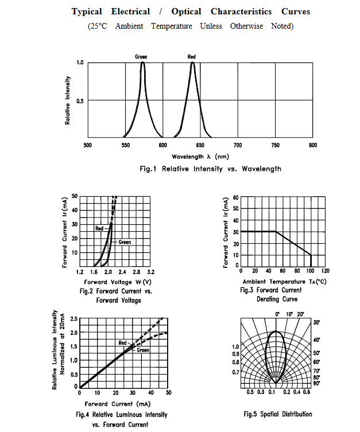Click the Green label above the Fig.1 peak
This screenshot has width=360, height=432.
(x=141, y=57)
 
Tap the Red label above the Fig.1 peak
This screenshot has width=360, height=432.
(x=192, y=57)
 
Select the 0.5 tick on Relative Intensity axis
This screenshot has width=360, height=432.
(x=80, y=100)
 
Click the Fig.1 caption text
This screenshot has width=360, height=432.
(x=210, y=169)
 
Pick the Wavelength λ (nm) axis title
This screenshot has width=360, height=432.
(x=200, y=157)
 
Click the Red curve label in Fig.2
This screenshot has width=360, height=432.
(x=99, y=228)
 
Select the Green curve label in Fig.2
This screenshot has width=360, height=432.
(x=125, y=242)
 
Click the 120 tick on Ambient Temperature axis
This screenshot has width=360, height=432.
(x=326, y=271)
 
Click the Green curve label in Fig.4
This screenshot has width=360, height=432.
(x=143, y=350)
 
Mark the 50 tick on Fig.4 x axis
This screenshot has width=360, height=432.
(x=169, y=392)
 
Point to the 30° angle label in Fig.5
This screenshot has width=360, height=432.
(x=317, y=323)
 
